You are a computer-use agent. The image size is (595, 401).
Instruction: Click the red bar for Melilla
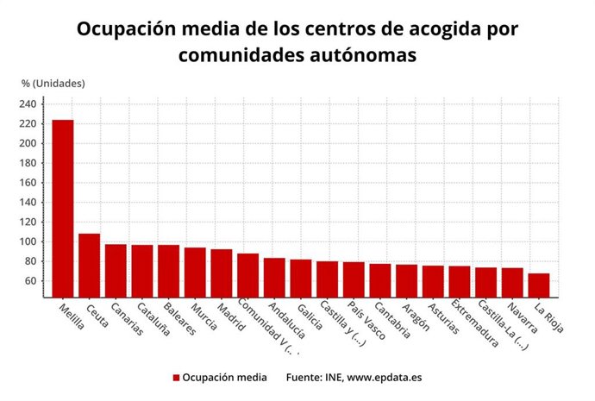coord(63,208)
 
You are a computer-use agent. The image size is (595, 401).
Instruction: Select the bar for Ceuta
coord(90,265)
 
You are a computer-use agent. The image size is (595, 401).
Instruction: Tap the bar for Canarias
coord(116,270)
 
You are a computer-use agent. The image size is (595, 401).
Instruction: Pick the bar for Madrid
coord(222,273)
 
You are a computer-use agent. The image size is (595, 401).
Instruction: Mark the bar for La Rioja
coord(539,285)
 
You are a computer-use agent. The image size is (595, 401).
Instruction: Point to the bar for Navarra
coord(512,282)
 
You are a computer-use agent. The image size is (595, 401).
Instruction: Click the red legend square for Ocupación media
coord(176,378)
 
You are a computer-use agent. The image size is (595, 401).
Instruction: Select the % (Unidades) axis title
coord(53,84)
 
